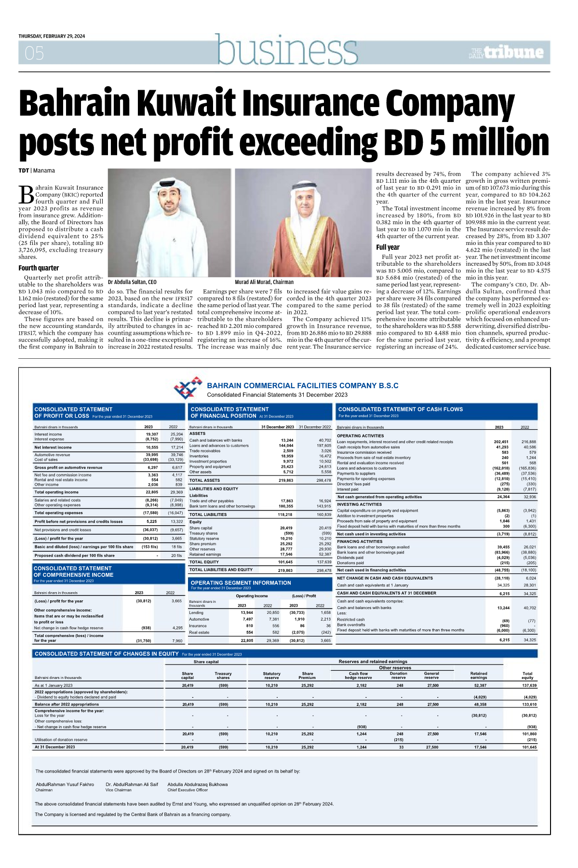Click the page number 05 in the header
pos(34,53)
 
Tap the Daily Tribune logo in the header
pos(506,52)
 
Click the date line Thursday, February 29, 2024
pos(52,36)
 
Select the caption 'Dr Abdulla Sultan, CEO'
pos(132,282)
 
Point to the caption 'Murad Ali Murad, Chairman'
pos(264,282)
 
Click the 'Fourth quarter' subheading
pos(39,268)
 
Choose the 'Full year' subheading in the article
pos(388,247)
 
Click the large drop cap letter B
pos(26,194)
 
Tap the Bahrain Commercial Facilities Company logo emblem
pos(188,388)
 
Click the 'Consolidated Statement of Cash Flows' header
pos(401,409)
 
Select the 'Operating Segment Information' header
pos(241,583)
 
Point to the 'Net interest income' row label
pos(53,448)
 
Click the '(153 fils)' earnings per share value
pos(149,547)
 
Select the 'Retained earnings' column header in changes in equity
pos(478,675)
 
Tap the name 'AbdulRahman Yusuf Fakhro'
pos(65,784)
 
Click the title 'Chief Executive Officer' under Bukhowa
pos(188,790)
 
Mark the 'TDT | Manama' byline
pos(37,171)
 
